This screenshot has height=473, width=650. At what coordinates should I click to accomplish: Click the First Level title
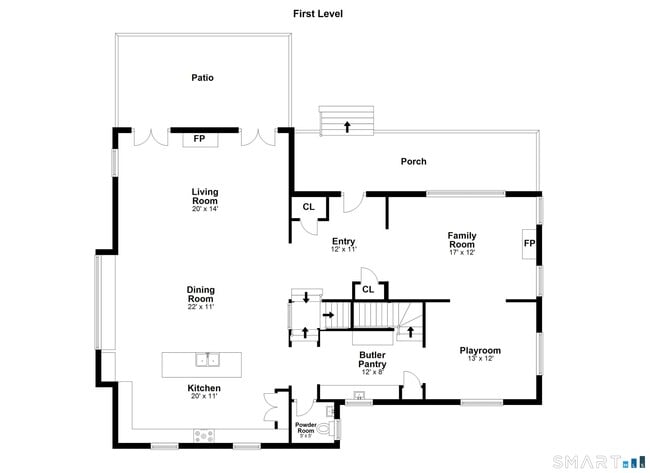[318, 14]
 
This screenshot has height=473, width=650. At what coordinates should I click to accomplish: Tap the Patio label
[203, 77]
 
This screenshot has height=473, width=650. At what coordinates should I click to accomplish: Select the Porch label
[413, 161]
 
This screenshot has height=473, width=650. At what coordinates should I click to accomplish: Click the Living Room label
[205, 198]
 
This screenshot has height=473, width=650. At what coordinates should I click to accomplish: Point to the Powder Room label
[305, 429]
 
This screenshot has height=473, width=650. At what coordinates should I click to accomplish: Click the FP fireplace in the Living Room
[199, 139]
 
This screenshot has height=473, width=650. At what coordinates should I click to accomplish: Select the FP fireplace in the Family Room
[529, 244]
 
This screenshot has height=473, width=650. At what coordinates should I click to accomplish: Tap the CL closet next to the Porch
[308, 207]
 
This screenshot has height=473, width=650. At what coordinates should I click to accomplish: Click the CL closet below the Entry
[368, 290]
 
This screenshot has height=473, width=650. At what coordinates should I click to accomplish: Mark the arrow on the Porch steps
[347, 125]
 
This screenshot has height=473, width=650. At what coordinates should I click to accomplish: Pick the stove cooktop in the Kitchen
[203, 435]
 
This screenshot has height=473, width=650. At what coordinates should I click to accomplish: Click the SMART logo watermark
[592, 460]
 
